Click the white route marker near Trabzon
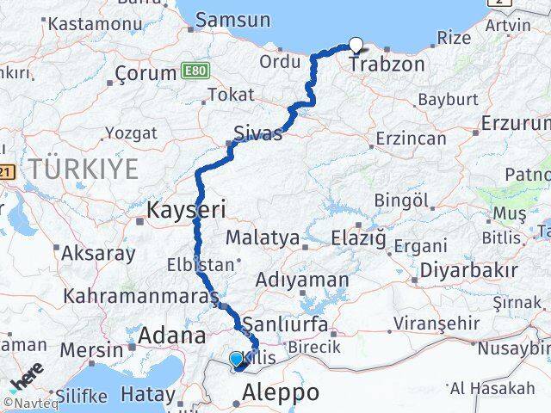coord(356,46)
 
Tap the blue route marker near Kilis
coord(236,359)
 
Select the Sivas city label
coord(257,133)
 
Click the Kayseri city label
coord(186,209)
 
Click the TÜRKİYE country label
coord(82,169)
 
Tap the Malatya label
coord(263,237)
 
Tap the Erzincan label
coord(411,139)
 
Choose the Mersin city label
coord(91,351)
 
